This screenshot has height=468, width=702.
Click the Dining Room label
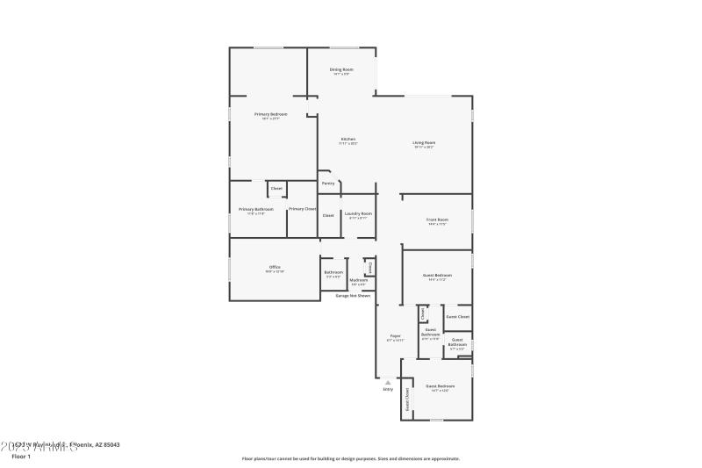(341, 69)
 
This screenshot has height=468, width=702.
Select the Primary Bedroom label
(271, 114)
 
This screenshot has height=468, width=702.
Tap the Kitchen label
(348, 140)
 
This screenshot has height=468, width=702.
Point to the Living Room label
(425, 142)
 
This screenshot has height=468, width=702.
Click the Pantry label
(328, 184)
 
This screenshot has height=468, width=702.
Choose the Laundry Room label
(359, 213)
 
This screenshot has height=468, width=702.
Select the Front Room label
(437, 220)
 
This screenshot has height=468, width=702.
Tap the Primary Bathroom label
(256, 209)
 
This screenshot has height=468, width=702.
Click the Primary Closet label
(302, 209)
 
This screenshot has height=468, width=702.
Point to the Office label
(275, 267)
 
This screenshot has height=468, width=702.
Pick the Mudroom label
(359, 280)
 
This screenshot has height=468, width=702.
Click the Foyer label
(395, 335)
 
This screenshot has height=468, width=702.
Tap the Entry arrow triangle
(387, 382)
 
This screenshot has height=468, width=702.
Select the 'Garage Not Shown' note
(353, 296)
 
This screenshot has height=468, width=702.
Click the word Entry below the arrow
(387, 389)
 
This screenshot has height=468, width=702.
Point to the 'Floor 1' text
(21, 457)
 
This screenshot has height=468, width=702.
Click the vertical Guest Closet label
(408, 401)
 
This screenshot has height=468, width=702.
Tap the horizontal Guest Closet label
(457, 317)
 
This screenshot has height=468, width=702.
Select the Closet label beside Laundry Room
(328, 214)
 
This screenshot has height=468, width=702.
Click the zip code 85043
(110, 445)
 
